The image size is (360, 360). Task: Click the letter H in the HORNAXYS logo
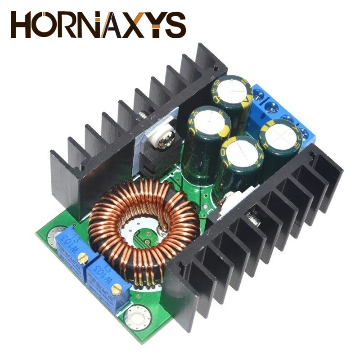22,25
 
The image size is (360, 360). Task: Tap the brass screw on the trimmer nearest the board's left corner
82,257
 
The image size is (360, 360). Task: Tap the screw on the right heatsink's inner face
253,220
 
